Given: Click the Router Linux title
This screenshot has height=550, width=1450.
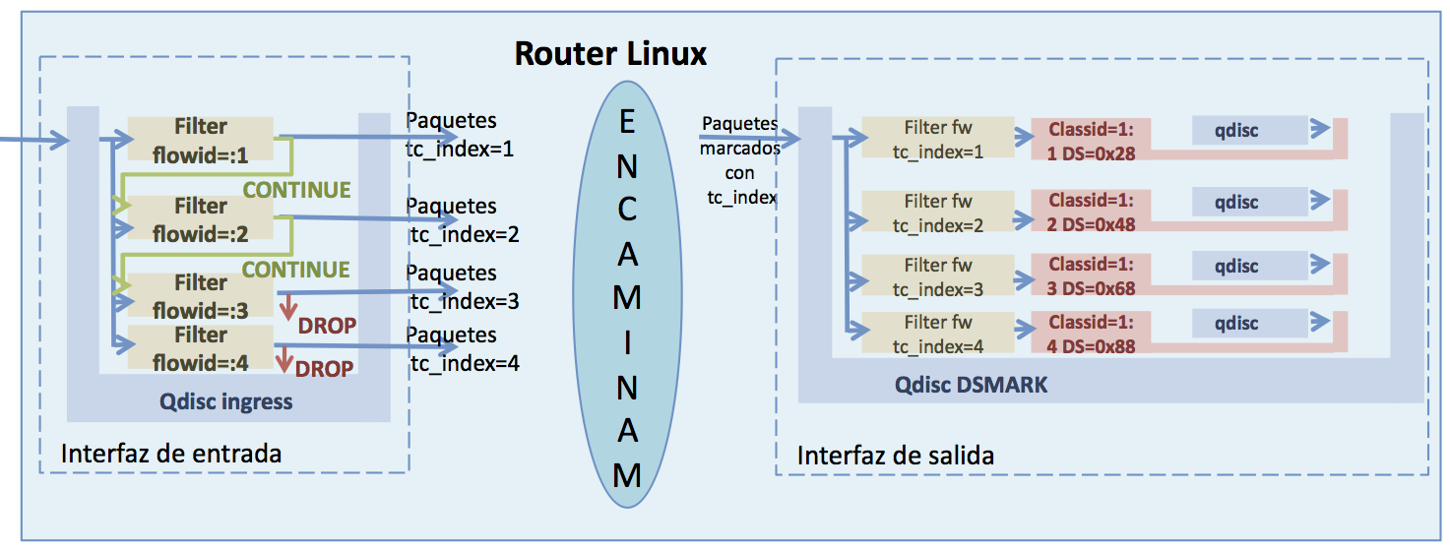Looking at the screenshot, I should click(610, 52).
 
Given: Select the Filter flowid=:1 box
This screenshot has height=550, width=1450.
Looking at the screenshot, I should click(200, 140).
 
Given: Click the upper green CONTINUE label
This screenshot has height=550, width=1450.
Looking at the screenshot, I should click(296, 190).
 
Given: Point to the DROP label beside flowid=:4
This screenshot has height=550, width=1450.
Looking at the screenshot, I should click(325, 369).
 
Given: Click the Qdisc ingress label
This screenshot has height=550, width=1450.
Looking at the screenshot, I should click(226, 401).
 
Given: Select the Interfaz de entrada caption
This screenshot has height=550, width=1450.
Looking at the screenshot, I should click(171, 454).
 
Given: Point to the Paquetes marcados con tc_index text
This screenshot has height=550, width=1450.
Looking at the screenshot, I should click(739, 160).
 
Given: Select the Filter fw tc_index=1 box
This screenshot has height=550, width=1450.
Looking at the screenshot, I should click(937, 139).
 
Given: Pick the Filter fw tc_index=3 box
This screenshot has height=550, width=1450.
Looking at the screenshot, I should click(937, 276).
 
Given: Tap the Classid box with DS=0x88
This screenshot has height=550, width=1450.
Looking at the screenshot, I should click(1091, 334).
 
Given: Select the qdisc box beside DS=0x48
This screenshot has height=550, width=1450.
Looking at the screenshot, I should click(1236, 202).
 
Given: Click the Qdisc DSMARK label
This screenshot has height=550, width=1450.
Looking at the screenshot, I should click(971, 386).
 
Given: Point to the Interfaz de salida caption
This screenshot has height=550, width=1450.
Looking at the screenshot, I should click(895, 456).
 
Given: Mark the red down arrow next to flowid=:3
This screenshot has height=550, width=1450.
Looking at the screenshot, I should click(288, 304).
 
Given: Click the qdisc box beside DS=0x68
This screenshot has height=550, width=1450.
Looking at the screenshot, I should click(1236, 266).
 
